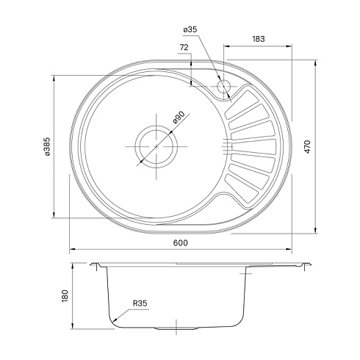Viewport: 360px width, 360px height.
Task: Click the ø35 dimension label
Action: (x=190, y=29)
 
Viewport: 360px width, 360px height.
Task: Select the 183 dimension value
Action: (x=258, y=39)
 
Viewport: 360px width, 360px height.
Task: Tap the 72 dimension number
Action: (x=184, y=47)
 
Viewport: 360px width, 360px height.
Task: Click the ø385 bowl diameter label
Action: (x=47, y=146)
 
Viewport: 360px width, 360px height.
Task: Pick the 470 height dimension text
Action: (x=308, y=147)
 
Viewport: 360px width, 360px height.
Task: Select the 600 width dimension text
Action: (x=181, y=242)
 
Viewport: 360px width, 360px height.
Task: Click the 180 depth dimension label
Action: (x=65, y=296)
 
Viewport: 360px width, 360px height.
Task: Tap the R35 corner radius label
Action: (x=140, y=303)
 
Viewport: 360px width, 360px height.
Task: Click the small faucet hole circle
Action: (x=223, y=87)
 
